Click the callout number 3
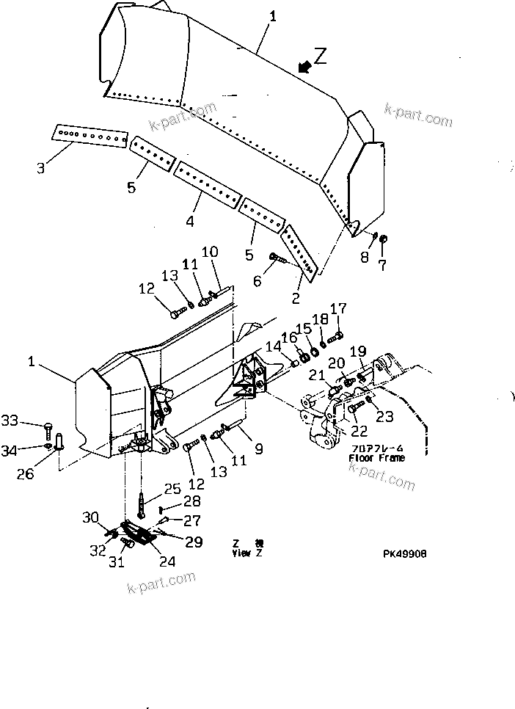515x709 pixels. point(41,168)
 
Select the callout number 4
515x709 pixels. point(189,220)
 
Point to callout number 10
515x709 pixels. point(210,252)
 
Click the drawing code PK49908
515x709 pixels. point(403,554)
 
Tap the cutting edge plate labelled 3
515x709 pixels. point(90,137)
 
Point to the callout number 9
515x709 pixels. point(258,449)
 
